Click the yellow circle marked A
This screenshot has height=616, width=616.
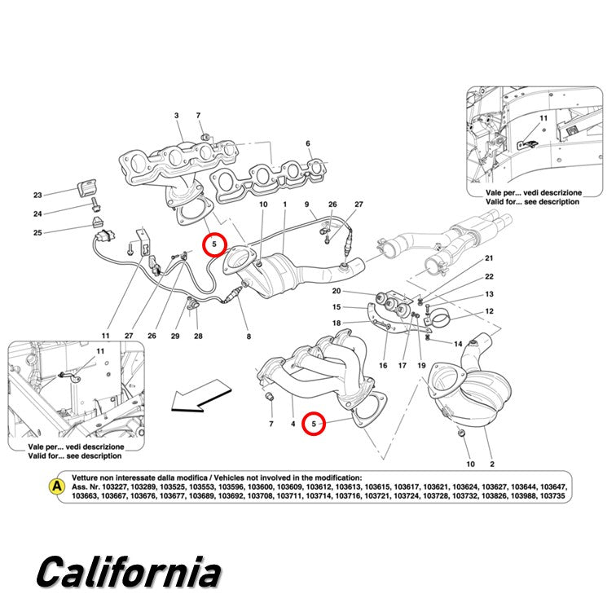[x=56, y=486]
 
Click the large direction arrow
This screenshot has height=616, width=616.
[x=201, y=396]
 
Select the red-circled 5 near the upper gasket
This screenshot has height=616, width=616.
[x=214, y=244]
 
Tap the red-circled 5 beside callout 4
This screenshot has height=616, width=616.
[x=314, y=424]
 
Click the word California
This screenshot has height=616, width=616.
[x=129, y=572]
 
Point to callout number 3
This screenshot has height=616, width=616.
[x=176, y=116]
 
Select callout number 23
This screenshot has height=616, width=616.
[x=37, y=196]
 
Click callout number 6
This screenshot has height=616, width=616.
[x=308, y=143]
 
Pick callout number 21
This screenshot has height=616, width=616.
[x=489, y=258]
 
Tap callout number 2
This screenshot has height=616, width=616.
[x=492, y=464]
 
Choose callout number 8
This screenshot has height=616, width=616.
[x=249, y=337]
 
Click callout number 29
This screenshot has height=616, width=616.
[x=175, y=336]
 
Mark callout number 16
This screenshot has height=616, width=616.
[x=383, y=365]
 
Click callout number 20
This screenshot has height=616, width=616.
[x=337, y=291]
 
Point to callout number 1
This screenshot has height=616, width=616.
[x=285, y=205]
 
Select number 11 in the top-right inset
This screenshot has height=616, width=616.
[x=543, y=118]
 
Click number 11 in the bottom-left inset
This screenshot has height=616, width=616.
[x=100, y=351]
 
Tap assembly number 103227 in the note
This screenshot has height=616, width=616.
[x=114, y=487]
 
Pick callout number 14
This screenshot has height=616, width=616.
[x=458, y=344]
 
